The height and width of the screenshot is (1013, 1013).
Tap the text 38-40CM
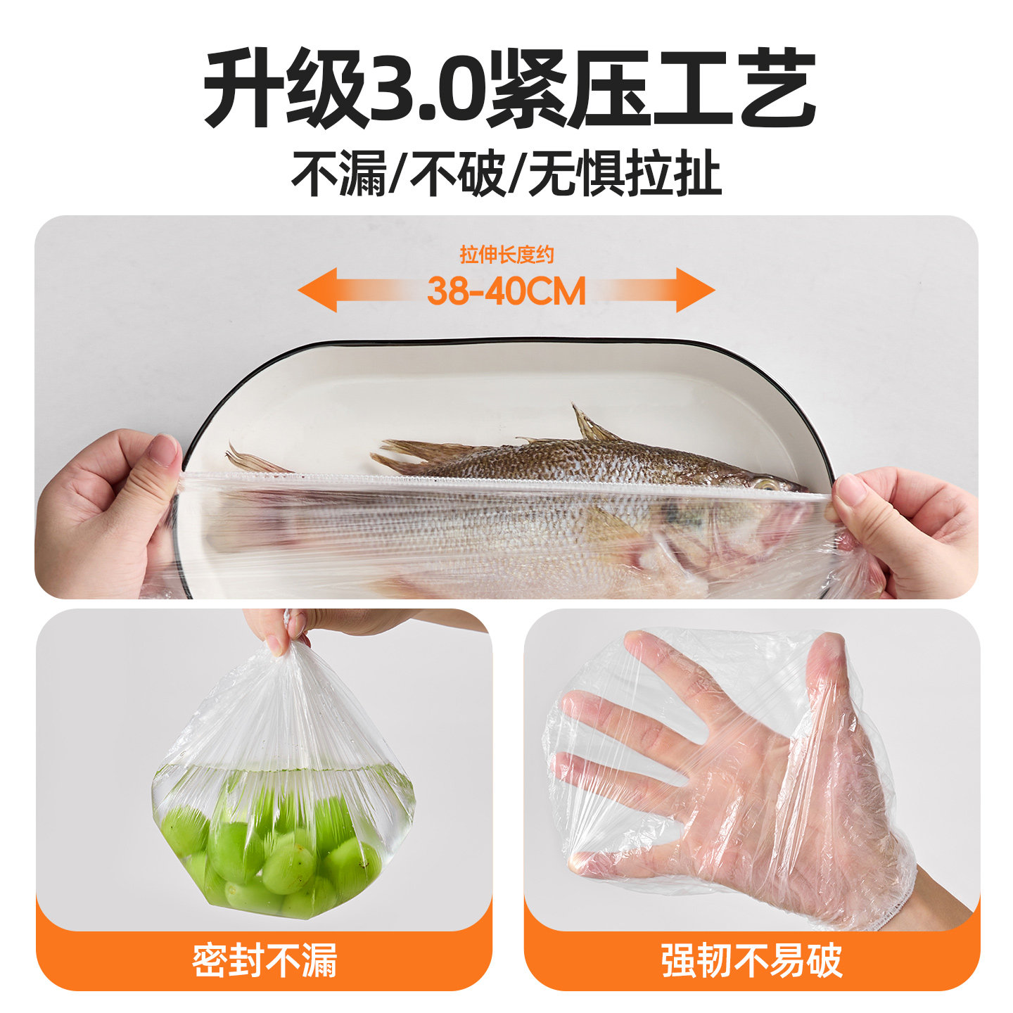506,291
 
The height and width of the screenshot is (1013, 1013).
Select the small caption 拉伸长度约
507,255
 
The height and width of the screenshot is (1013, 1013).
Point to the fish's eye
766,484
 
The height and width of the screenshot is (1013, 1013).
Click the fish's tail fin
253,461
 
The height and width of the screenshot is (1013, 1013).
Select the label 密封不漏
265,960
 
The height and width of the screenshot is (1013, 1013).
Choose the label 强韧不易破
751,960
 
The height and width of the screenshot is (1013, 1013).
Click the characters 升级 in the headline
285,88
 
